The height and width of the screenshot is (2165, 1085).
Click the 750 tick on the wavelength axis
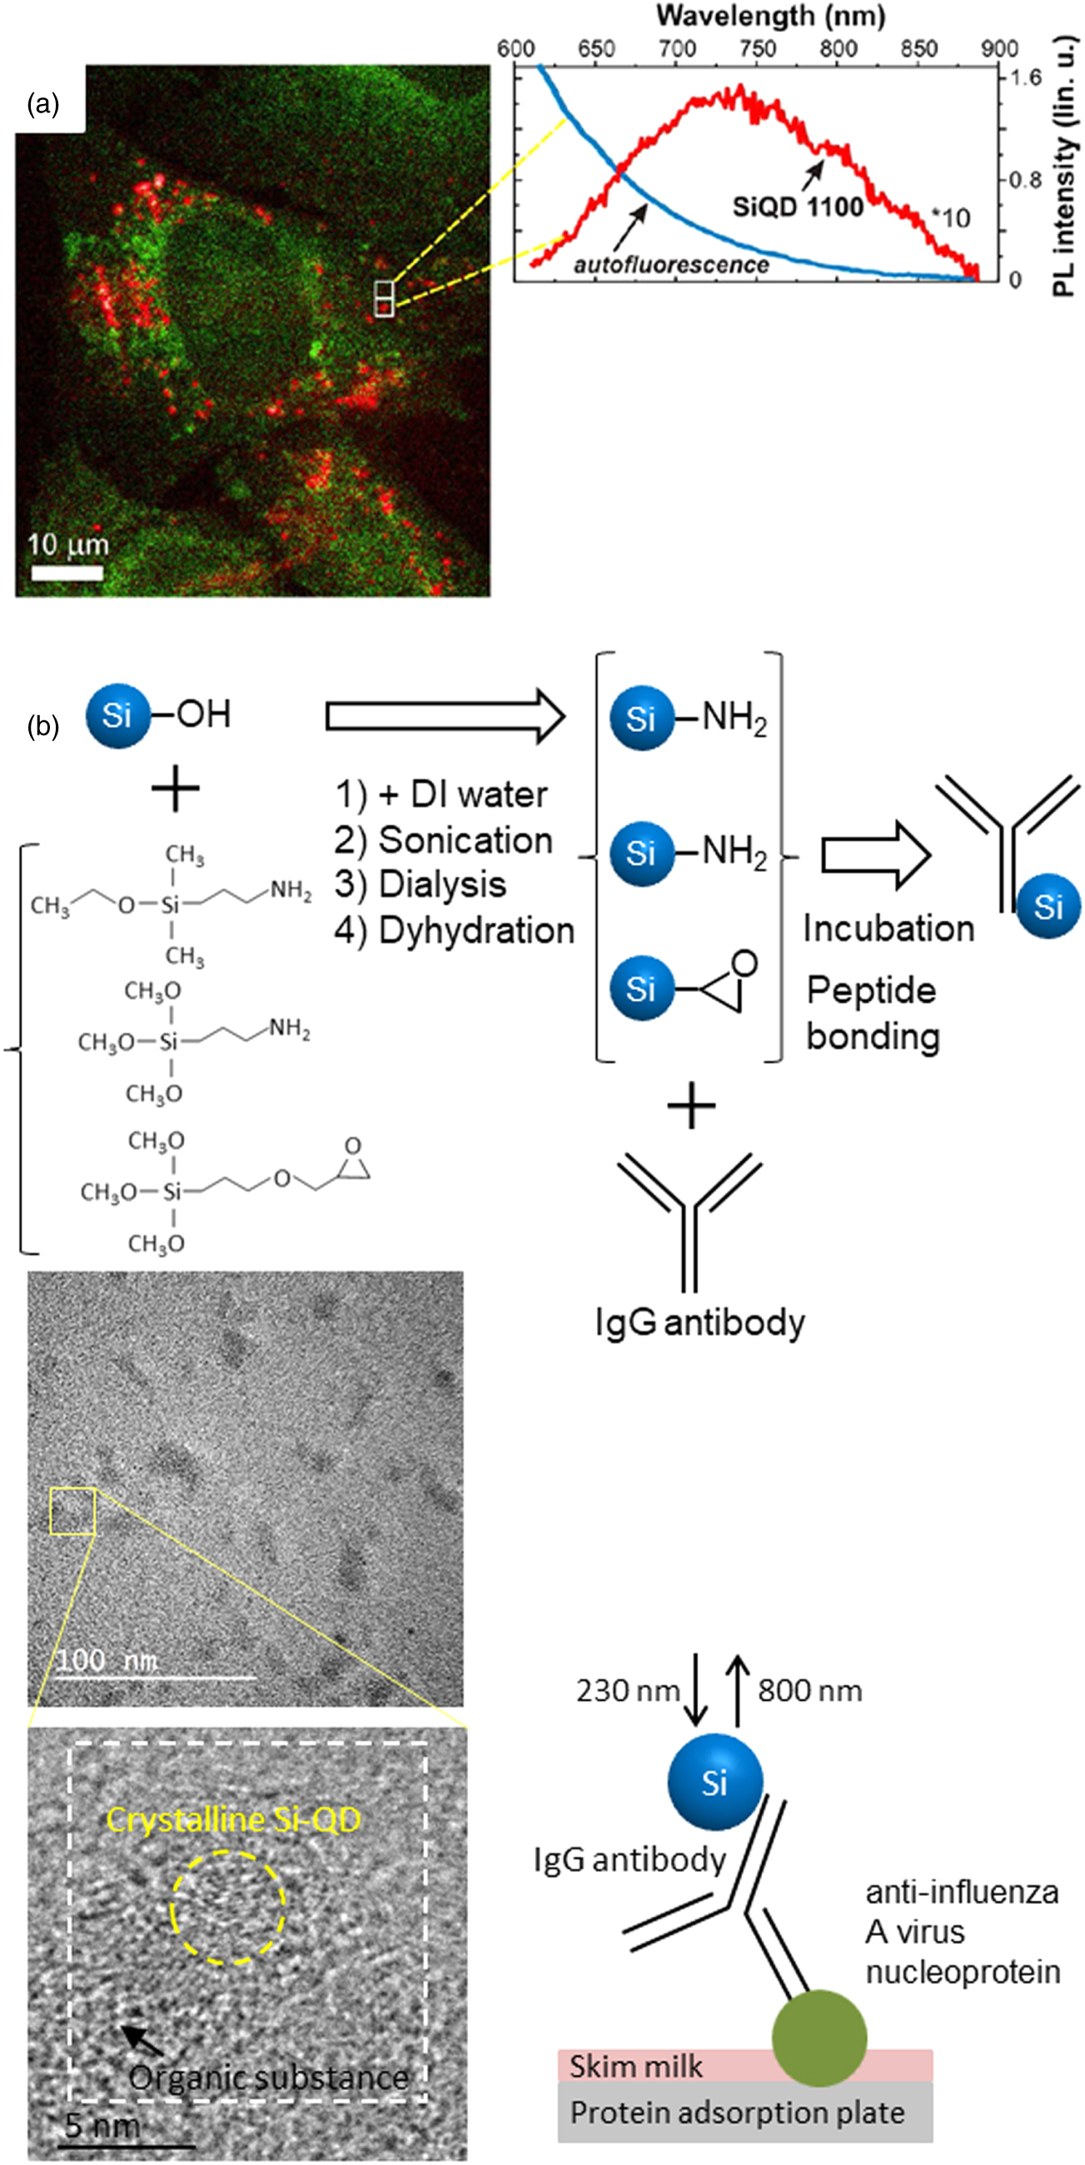point(756,48)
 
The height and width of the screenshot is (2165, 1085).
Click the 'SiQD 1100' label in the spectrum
point(798,206)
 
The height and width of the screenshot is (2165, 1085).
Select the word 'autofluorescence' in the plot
point(670,265)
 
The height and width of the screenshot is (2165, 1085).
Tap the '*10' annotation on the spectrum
point(952,218)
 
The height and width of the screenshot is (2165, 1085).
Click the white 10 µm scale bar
point(67,573)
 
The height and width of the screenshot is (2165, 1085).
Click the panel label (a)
point(42,104)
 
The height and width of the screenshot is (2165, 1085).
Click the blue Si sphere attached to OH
point(117,715)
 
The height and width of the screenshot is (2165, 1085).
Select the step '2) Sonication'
point(443,839)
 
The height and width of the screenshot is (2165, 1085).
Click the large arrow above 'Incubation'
point(874,854)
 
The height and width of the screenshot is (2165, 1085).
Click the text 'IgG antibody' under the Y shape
point(699,1323)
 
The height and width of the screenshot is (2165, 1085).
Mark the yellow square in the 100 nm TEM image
point(72,1511)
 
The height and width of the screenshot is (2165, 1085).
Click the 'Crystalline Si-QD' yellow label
point(233,1819)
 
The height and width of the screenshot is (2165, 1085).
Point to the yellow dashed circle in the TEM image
point(229,1908)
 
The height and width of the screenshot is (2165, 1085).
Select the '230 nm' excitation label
point(627,1690)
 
